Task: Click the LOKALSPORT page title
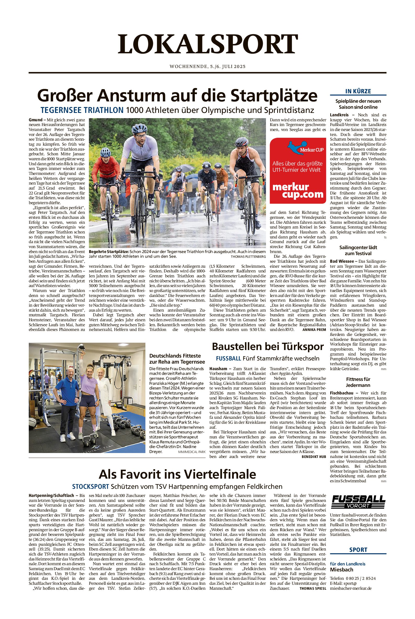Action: pyautogui.click(x=208, y=44)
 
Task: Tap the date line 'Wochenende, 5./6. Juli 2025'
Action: pyautogui.click(x=208, y=66)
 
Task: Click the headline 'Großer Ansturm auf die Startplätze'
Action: pyautogui.click(x=177, y=95)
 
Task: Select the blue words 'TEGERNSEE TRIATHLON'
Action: pyautogui.click(x=82, y=110)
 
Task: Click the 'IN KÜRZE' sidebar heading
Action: pyautogui.click(x=358, y=91)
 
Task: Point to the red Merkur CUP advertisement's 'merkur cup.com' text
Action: pyautogui.click(x=298, y=191)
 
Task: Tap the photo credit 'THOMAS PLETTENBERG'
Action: pyautogui.click(x=248, y=257)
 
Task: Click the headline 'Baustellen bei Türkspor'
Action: pyautogui.click(x=268, y=346)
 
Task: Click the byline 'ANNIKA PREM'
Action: pyautogui.click(x=314, y=330)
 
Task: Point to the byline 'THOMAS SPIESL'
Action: pyautogui.click(x=312, y=589)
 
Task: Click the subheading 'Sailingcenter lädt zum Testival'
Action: pyautogui.click(x=358, y=250)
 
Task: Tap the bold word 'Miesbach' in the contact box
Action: pyautogui.click(x=342, y=570)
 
